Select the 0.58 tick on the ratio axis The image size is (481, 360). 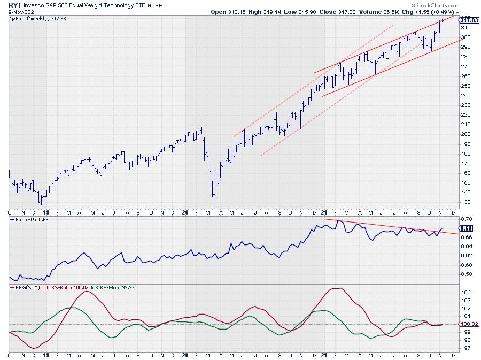tap(466, 274)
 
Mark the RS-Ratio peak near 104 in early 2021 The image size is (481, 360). tap(336, 289)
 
